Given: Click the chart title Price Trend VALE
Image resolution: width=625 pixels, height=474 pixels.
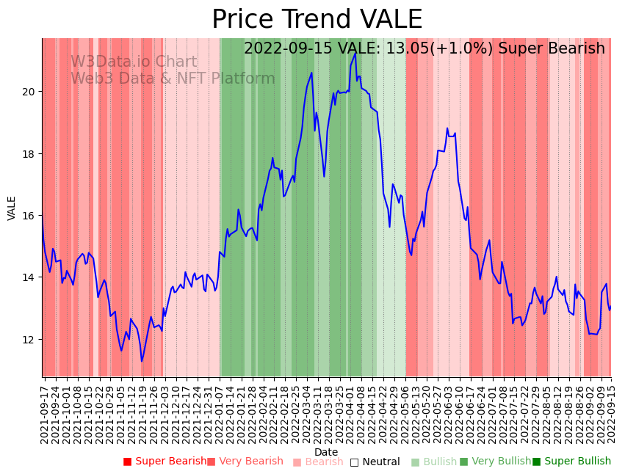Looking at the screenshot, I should pyautogui.click(x=317, y=20).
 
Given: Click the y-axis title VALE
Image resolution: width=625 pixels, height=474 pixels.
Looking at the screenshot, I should pyautogui.click(x=12, y=208).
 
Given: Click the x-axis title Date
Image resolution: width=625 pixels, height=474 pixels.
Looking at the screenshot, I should pyautogui.click(x=326, y=452).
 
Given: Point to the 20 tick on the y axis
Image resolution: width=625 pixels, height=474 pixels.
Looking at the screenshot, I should pyautogui.click(x=29, y=92).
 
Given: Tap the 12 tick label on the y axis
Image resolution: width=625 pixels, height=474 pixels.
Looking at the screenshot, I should pyautogui.click(x=29, y=340).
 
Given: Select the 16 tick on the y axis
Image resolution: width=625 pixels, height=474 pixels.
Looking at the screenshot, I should pyautogui.click(x=29, y=216).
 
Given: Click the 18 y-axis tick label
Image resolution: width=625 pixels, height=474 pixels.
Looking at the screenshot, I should pyautogui.click(x=29, y=154).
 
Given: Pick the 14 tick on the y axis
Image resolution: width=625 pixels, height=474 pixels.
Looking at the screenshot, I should pyautogui.click(x=29, y=277).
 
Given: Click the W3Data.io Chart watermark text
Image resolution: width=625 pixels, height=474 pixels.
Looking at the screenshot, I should pyautogui.click(x=134, y=62).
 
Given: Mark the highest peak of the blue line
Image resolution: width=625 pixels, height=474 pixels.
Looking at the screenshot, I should pyautogui.click(x=355, y=53).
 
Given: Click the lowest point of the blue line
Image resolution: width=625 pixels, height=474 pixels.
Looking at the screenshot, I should pyautogui.click(x=142, y=361).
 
